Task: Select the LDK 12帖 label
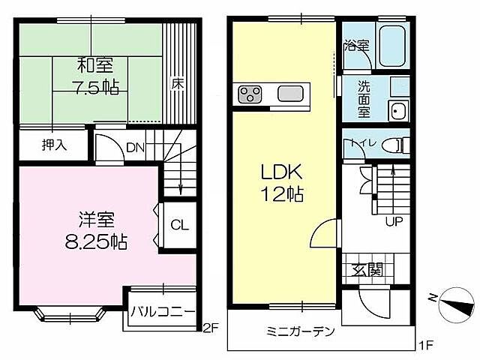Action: click(282, 183)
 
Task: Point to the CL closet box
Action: click(179, 224)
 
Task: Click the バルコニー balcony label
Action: click(163, 311)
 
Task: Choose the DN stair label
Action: click(135, 148)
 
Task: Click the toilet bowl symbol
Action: click(394, 145)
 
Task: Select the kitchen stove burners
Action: click(250, 94)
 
